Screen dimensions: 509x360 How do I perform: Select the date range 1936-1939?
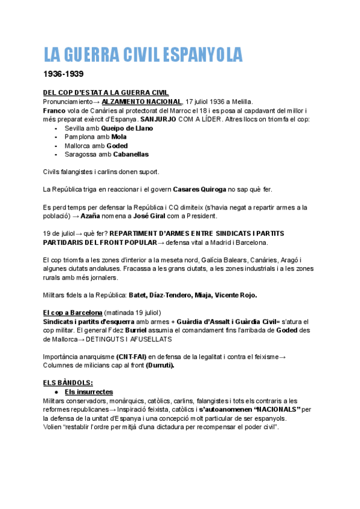coord(64,75)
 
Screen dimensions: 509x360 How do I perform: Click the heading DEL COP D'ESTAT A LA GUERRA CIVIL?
coord(106,92)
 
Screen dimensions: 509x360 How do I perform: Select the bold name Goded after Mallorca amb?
coord(116,145)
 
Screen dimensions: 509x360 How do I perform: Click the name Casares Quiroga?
coord(199,190)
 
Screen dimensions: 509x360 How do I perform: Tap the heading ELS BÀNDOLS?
coord(68,383)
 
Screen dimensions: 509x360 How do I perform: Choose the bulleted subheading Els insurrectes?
coord(89,392)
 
